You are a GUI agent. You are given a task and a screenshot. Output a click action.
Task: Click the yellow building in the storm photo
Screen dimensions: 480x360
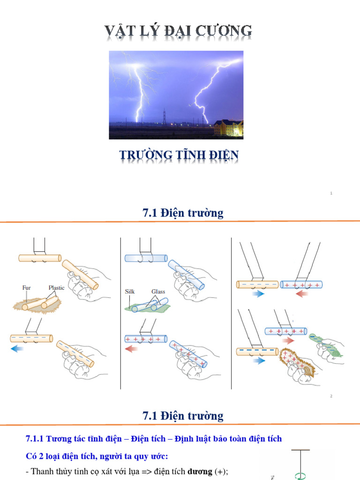pyautogui.click(x=228, y=128)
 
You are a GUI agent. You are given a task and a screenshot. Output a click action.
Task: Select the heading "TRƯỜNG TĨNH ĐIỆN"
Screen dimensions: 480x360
pyautogui.click(x=179, y=155)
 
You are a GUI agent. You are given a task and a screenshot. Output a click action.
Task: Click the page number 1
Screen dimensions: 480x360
pyautogui.click(x=331, y=193)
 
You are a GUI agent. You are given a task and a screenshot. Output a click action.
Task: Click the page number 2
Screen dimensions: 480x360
pyautogui.click(x=331, y=396)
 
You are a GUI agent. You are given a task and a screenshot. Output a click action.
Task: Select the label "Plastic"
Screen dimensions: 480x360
pyautogui.click(x=56, y=287)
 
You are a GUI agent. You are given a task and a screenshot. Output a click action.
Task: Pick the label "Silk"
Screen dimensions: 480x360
pyautogui.click(x=130, y=291)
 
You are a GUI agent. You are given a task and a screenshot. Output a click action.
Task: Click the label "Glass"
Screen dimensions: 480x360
pyautogui.click(x=158, y=291)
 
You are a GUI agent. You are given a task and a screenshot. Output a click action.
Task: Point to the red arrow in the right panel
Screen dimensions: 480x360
pyautogui.click(x=302, y=294)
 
